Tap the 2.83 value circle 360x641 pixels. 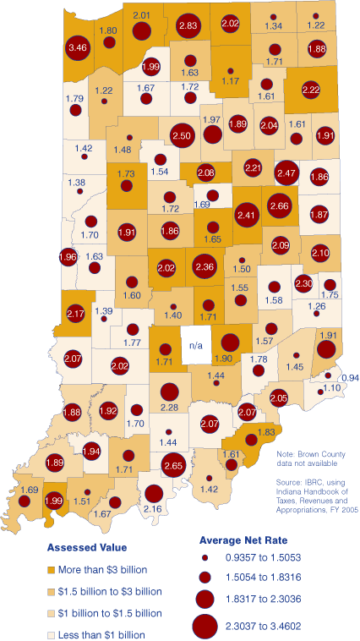188,27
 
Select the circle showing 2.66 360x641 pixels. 280,205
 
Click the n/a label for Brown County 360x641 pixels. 196,345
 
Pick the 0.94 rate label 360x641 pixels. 349,376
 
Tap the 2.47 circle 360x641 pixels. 288,173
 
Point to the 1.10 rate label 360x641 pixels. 332,387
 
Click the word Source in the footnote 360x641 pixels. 290,481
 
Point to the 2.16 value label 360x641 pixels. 153,508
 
